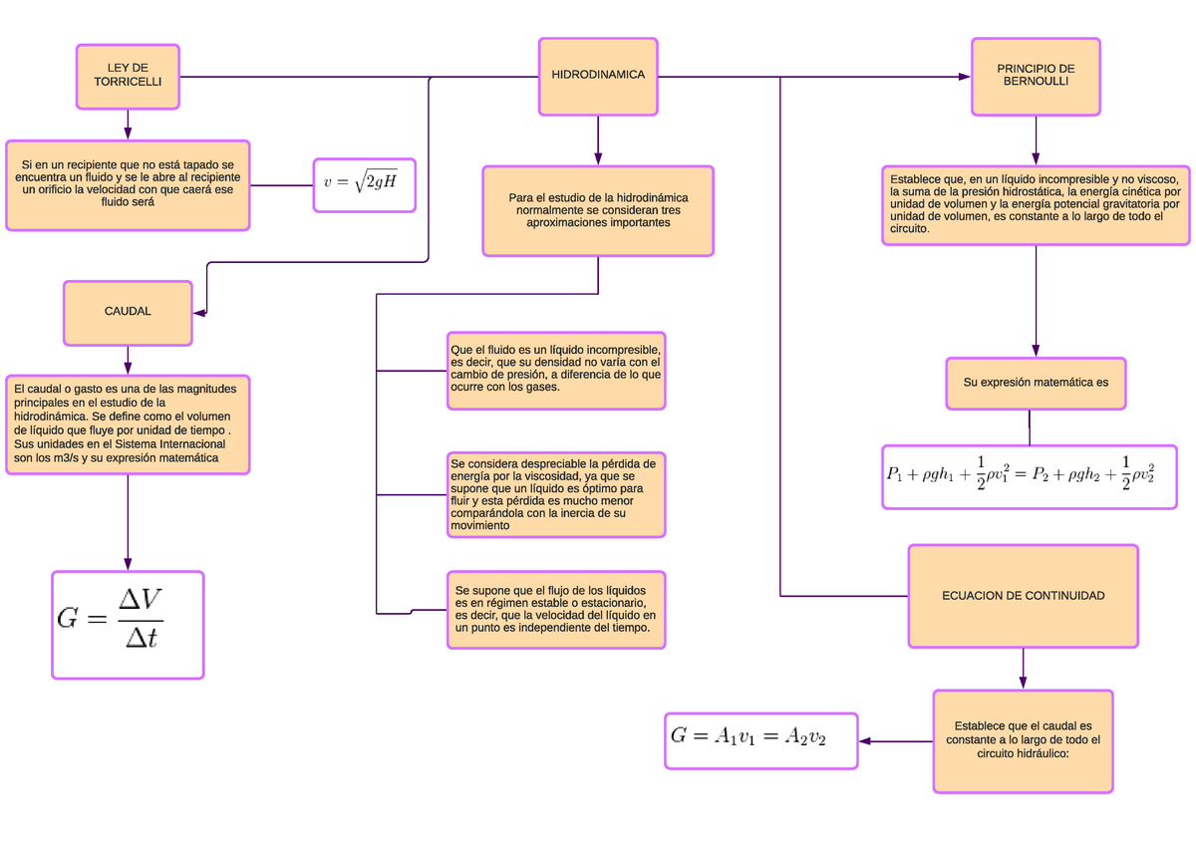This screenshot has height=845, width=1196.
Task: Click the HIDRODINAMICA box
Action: point(598,77)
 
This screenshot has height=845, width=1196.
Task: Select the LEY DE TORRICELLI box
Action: point(128,77)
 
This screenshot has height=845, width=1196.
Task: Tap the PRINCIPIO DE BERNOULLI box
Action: point(1036,77)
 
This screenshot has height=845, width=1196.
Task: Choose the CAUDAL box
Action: point(128,313)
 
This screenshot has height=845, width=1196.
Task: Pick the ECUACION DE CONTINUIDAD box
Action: point(1023,596)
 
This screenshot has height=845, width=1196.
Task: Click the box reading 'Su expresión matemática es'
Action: point(1036,384)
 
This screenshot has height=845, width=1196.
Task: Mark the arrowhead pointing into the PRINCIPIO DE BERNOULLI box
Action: point(965,77)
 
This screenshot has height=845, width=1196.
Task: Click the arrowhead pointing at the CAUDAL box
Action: point(199,313)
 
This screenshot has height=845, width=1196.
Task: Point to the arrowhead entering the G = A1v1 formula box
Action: point(865,741)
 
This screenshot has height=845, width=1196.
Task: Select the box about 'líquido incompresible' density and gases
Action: point(556,371)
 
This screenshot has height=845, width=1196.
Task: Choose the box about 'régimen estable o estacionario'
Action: point(556,610)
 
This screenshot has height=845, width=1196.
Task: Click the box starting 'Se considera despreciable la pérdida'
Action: point(556,495)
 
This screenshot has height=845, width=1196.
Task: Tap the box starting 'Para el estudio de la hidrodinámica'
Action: point(598,211)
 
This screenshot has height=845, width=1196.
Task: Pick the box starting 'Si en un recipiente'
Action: point(128,185)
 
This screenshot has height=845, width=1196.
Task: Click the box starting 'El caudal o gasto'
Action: point(128,424)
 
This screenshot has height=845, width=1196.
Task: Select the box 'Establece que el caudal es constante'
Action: point(1023,741)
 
